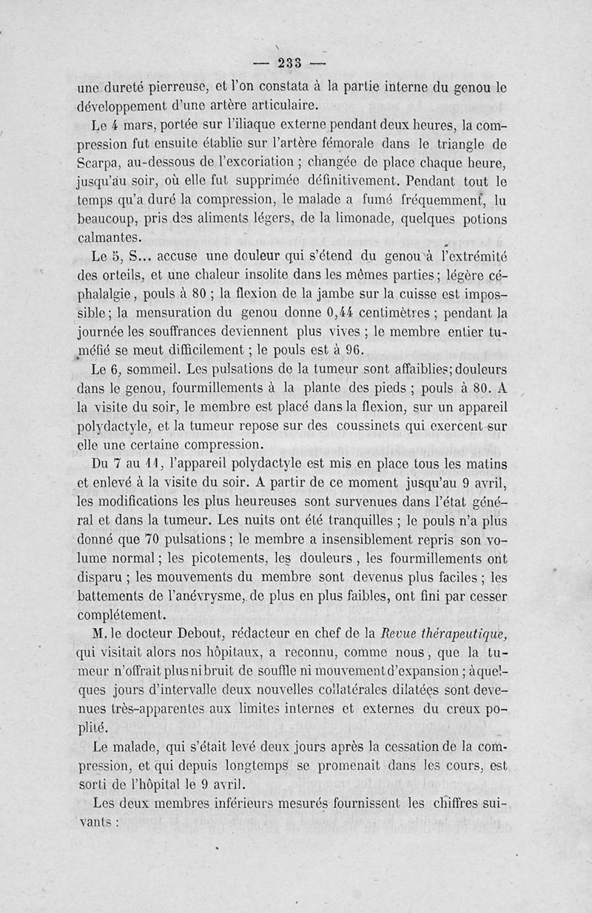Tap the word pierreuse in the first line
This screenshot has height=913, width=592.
pos(181,86)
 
